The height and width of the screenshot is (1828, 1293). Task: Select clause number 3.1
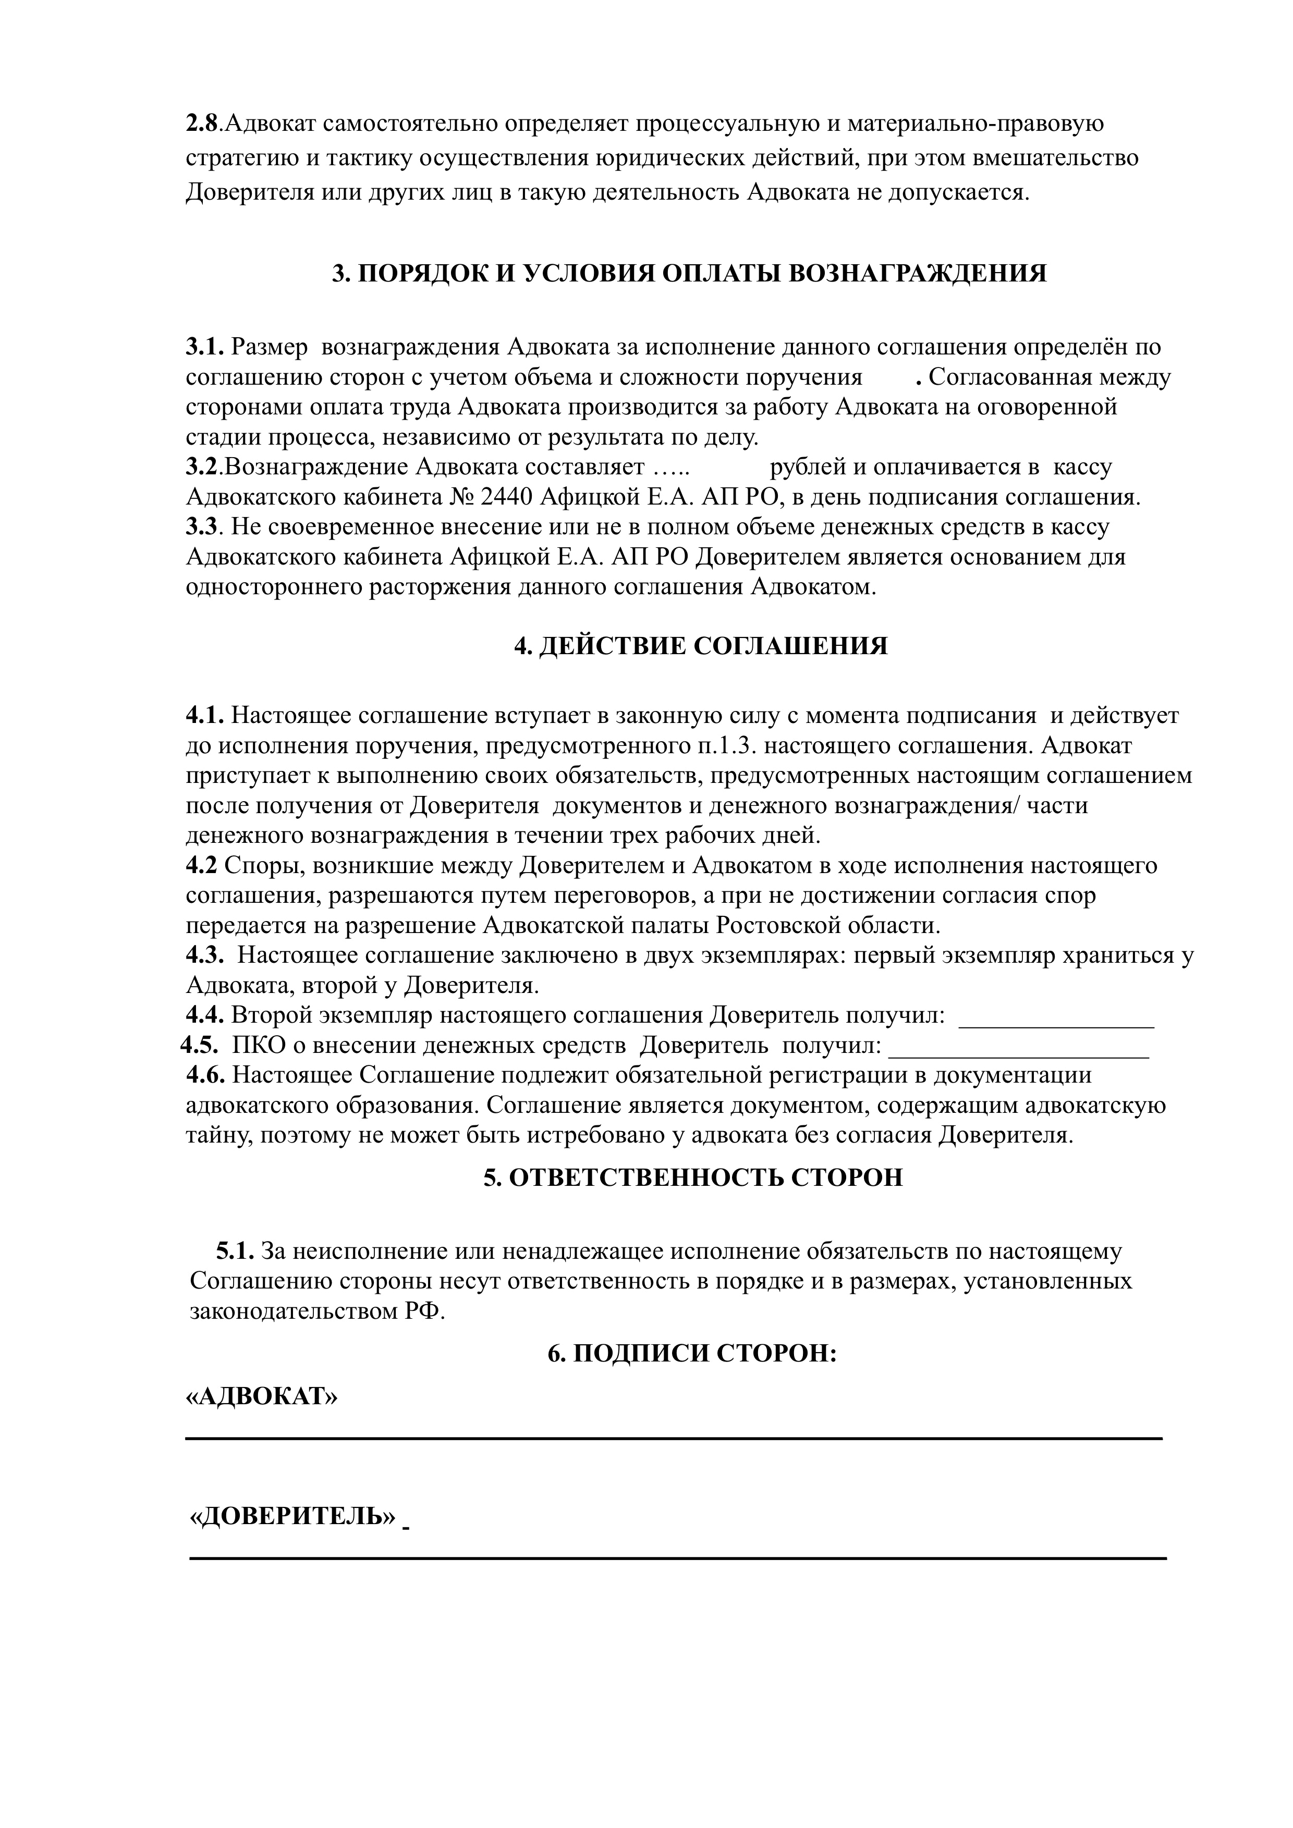205,347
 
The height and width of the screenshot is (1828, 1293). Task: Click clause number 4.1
205,716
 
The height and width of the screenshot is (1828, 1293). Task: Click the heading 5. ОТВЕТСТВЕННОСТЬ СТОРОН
693,1177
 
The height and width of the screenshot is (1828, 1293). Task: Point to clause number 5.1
235,1252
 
